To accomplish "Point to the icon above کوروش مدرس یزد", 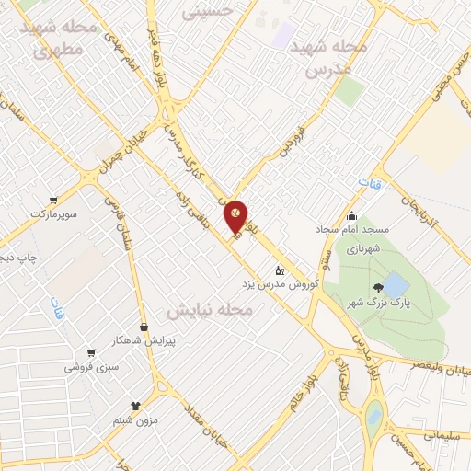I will coord(280,270).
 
